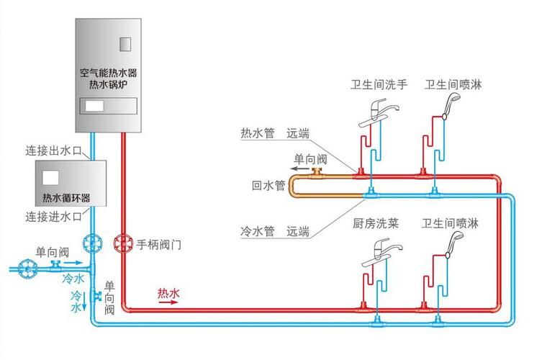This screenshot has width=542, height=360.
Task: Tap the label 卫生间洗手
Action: coord(379,85)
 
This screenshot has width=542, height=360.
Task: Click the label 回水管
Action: coord(264,185)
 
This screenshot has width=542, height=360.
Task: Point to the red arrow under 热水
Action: coord(167,302)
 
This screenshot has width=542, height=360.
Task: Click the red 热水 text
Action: coord(168,292)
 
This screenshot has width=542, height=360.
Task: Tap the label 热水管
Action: coord(256,133)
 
